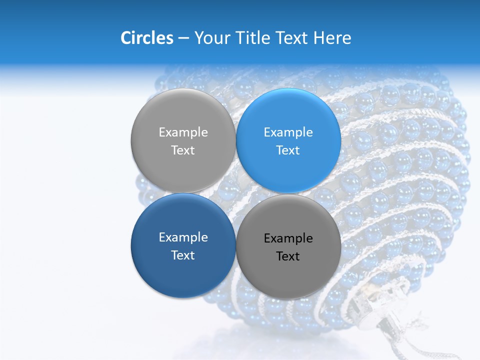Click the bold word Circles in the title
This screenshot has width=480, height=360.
(x=146, y=38)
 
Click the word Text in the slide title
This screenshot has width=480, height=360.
(x=293, y=38)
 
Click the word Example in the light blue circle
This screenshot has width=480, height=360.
(x=288, y=132)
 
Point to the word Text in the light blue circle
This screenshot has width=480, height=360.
(x=288, y=150)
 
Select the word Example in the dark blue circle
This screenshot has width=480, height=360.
(x=183, y=237)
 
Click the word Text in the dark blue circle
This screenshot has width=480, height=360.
(x=183, y=255)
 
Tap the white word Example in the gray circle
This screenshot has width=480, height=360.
(x=183, y=132)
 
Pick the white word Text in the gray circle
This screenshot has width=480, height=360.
(x=183, y=150)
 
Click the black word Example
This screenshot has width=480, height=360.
(x=288, y=238)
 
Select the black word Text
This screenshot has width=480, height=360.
(x=288, y=256)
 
